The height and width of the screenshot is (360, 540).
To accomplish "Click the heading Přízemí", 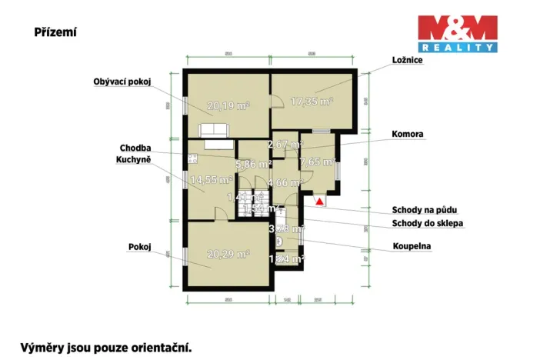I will pyautogui.click(x=55, y=32).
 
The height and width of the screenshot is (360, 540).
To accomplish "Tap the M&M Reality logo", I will pyautogui.click(x=457, y=34).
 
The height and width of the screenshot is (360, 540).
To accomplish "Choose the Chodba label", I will pyautogui.click(x=135, y=148).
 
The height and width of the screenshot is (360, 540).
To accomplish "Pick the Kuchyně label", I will pyautogui.click(x=133, y=159).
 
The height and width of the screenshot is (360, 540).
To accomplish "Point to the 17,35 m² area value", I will pyautogui.click(x=311, y=101).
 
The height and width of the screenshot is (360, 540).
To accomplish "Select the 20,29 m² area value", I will pyautogui.click(x=228, y=254).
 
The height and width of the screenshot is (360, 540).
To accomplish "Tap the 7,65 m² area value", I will pyautogui.click(x=317, y=162).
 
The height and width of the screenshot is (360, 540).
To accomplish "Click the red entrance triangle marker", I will pyautogui.click(x=319, y=201).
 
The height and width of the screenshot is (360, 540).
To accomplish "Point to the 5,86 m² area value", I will pyautogui.click(x=254, y=164).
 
